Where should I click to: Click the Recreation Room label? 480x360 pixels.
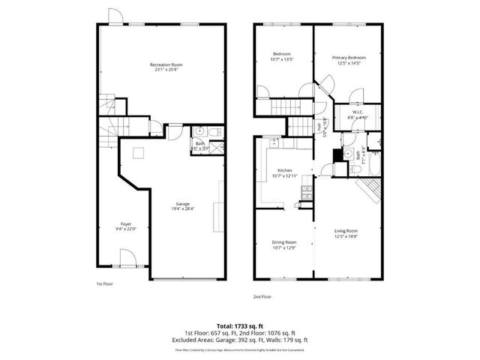click(166, 65)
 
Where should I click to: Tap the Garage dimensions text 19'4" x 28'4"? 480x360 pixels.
click(182, 209)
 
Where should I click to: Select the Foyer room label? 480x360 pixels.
click(126, 224)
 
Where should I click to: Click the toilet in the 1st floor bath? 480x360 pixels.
click(214, 133)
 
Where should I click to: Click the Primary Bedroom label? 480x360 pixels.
click(349, 58)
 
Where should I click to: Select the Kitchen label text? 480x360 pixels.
click(285, 170)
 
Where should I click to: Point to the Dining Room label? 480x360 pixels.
click(284, 242)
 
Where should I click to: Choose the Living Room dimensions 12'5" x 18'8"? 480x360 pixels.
click(346, 236)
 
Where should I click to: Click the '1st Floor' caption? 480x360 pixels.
click(105, 284)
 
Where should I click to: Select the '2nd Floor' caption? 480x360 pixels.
click(262, 297)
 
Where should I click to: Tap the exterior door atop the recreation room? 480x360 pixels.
click(113, 16)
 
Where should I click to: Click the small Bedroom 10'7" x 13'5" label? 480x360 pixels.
click(283, 57)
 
